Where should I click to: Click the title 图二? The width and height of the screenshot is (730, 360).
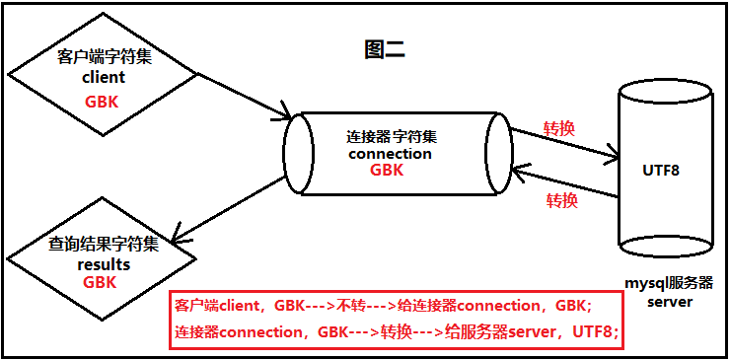pyautogui.click(x=385, y=50)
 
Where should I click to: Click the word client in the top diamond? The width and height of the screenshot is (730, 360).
pyautogui.click(x=103, y=77)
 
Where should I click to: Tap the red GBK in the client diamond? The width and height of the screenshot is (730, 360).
pyautogui.click(x=103, y=101)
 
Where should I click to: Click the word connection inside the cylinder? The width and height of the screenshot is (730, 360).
pyautogui.click(x=391, y=153)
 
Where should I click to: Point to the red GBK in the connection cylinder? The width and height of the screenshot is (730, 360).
pyautogui.click(x=387, y=170)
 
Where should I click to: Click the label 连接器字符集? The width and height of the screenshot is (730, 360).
pyautogui.click(x=391, y=135)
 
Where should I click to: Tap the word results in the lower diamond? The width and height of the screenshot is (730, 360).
pyautogui.click(x=103, y=264)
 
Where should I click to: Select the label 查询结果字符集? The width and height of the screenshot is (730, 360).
pyautogui.click(x=103, y=244)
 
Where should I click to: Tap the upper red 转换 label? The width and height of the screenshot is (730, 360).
pyautogui.click(x=559, y=128)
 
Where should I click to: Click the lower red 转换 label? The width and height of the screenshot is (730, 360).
pyautogui.click(x=561, y=201)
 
